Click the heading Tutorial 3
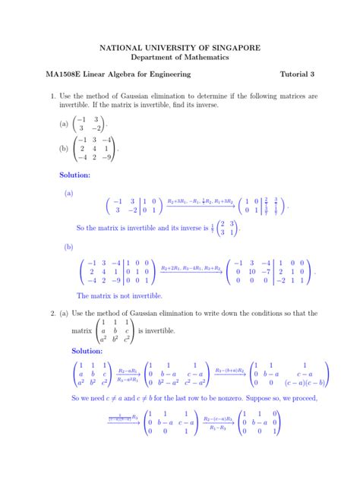coord(297,74)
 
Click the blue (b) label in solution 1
coord(68,247)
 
